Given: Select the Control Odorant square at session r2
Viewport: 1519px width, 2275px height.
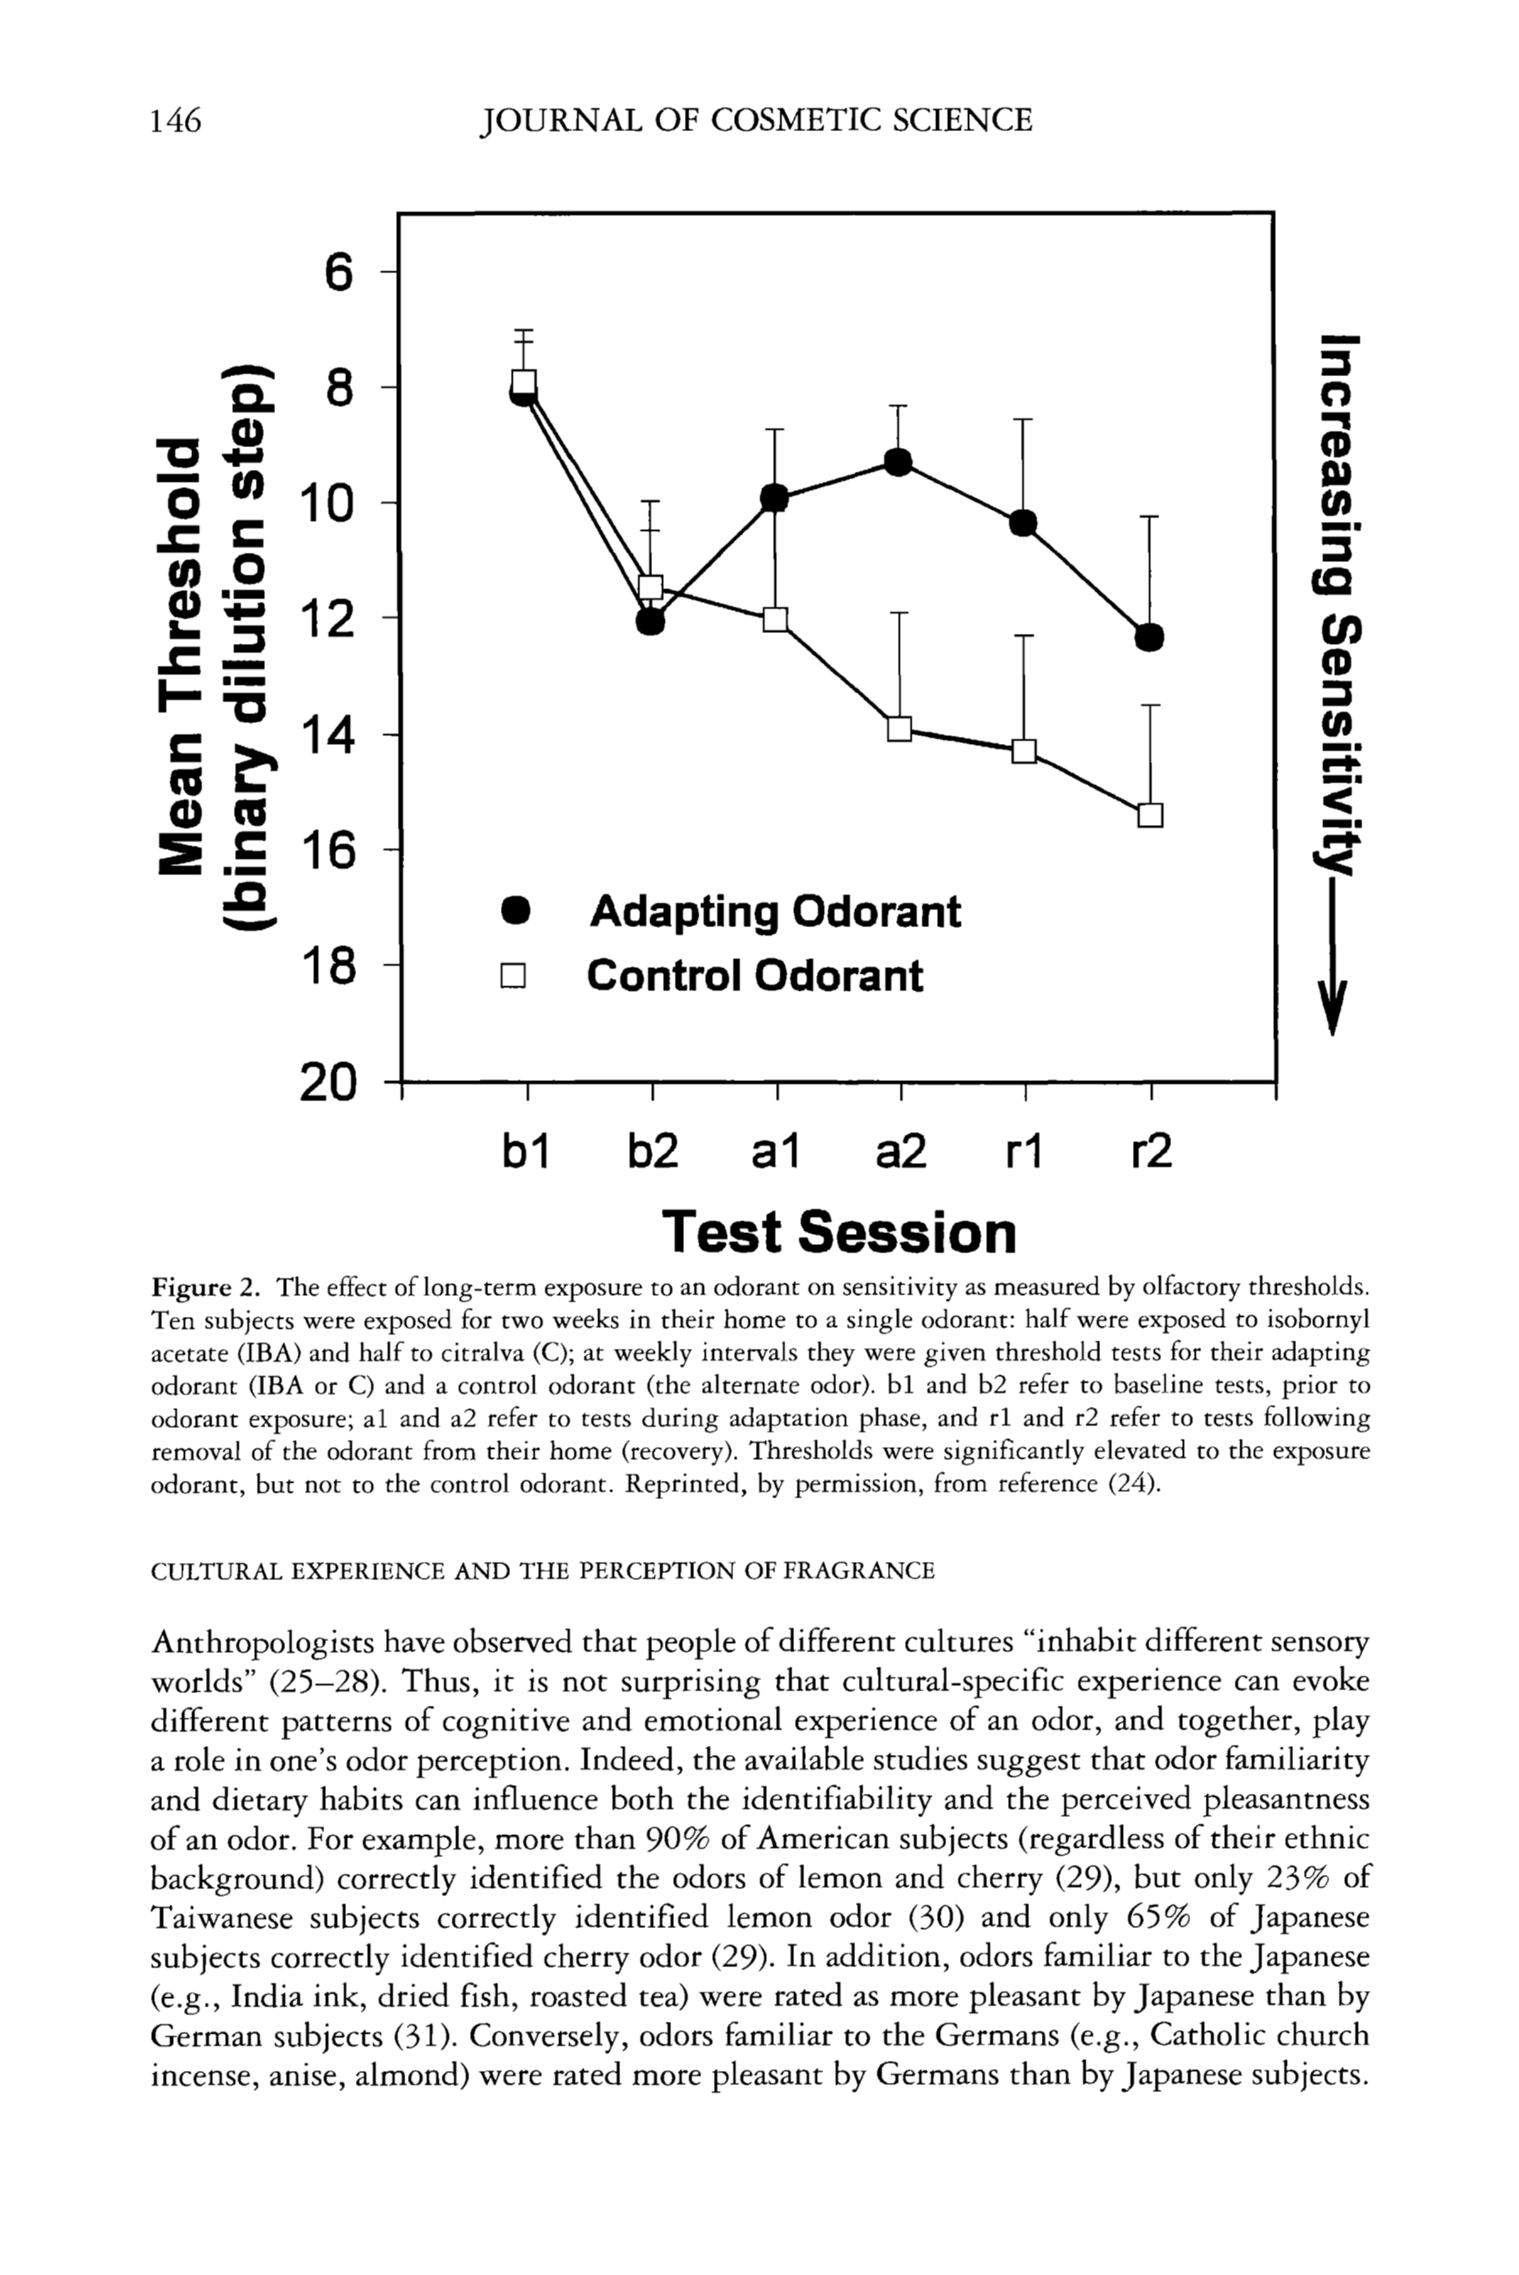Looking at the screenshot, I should (1150, 815).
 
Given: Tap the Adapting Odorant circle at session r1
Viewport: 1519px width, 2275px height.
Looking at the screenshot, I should (1024, 523).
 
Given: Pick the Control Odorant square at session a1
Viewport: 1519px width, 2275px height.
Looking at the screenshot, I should (775, 619).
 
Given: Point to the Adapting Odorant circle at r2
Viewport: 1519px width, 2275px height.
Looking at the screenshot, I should (1149, 638).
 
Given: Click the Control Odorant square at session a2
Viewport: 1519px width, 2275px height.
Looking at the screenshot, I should (899, 729).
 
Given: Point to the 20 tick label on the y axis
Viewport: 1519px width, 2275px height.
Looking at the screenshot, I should (329, 1082).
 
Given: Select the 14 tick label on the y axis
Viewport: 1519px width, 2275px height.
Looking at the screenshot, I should (329, 735).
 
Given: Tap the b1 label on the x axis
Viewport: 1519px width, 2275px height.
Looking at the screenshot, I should (526, 1151).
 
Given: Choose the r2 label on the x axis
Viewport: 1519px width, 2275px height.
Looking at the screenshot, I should (1151, 1151).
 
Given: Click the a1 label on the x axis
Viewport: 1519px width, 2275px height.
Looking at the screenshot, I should (775, 1151).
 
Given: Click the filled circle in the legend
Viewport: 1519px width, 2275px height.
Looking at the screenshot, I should (515, 912).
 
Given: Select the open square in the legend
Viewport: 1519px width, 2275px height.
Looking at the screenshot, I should (513, 975).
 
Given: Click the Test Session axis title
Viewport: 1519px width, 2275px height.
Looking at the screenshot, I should (839, 1231).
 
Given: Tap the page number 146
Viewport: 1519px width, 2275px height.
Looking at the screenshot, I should (177, 121).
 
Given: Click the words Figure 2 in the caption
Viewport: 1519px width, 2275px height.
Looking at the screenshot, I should (206, 1288).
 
